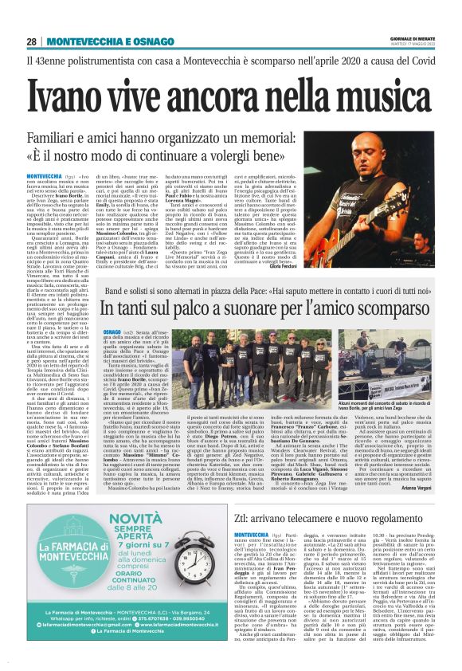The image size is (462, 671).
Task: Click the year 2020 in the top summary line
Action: tap(346, 61)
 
